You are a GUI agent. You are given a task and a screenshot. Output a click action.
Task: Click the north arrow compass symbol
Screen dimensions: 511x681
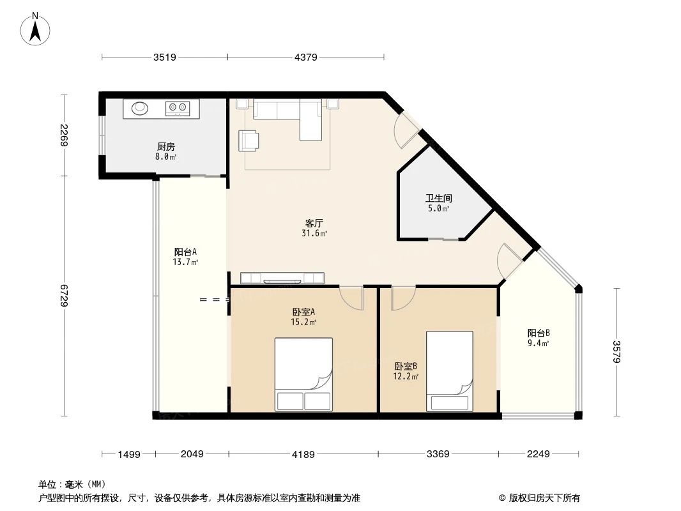coord(36,28)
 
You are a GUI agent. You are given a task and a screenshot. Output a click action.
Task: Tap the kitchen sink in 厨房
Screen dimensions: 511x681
coord(141,108)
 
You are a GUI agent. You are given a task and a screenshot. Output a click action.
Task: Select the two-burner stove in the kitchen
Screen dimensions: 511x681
coord(177,108)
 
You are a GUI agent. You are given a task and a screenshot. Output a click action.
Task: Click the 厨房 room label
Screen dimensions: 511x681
coord(165,146)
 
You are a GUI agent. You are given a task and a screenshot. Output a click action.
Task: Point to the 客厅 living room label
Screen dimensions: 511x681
coord(314,224)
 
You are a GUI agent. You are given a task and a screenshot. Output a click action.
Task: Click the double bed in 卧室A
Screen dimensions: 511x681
coord(303,374)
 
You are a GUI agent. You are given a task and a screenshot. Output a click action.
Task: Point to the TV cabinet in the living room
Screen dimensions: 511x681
coord(282,278)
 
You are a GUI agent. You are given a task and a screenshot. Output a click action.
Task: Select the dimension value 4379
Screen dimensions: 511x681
coord(306,57)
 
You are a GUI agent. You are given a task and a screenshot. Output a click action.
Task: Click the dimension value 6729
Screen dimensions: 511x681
coord(65,295)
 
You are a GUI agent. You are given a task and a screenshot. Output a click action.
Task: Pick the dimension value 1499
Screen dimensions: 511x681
coord(128,454)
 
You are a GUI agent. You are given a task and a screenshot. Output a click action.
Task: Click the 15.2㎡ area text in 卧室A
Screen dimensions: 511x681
coord(304,323)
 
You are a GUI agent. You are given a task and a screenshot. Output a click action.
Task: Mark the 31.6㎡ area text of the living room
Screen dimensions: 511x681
coord(314,234)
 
